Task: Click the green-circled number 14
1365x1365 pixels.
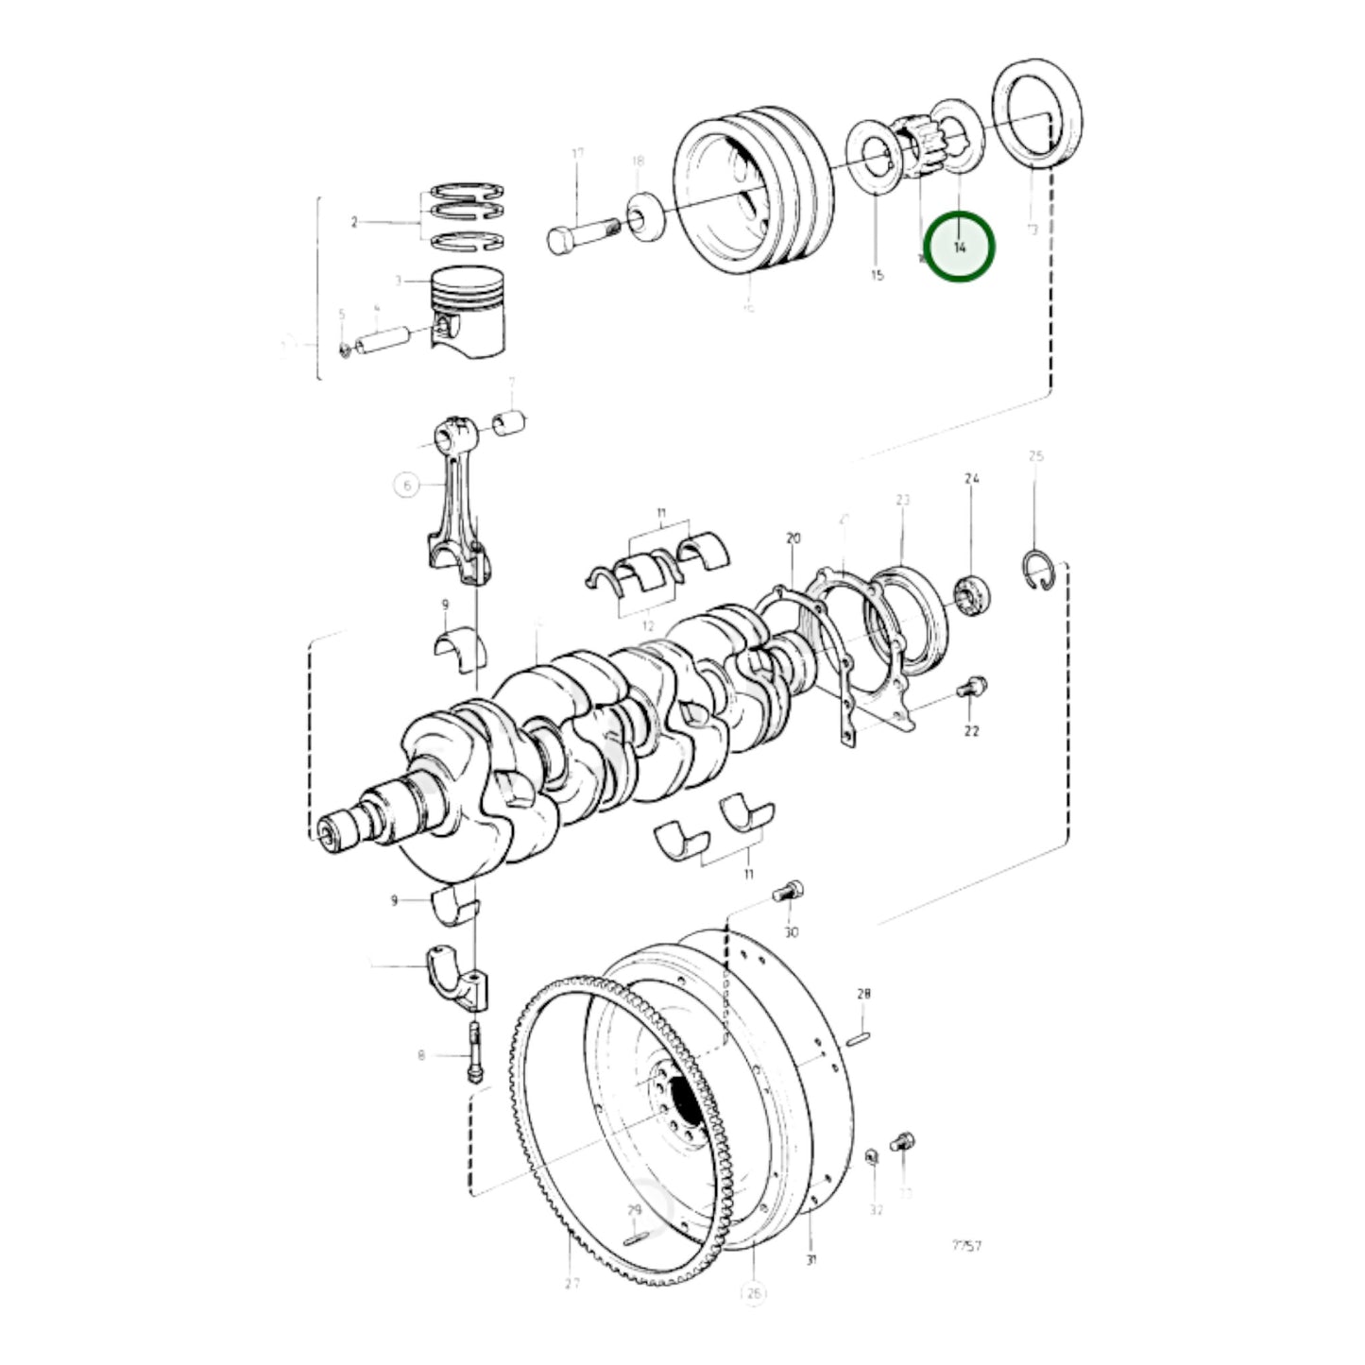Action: tap(959, 247)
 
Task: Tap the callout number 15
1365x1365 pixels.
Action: tap(877, 275)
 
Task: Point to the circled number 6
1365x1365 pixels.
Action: tap(406, 486)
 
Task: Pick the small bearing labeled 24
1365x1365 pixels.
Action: tap(972, 596)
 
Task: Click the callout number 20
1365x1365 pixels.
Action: tap(793, 538)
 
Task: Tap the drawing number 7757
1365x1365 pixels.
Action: tap(966, 1245)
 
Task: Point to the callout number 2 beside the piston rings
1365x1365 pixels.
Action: tap(354, 223)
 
